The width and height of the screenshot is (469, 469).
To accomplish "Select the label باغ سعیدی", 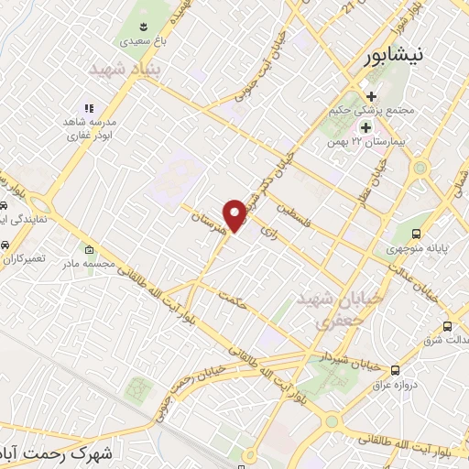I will click(x=147, y=41).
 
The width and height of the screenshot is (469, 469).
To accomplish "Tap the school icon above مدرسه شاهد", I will click(x=89, y=108).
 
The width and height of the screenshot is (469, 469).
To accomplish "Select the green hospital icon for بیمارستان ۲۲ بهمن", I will click(x=366, y=127).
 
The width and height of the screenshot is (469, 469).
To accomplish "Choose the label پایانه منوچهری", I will click(x=414, y=248).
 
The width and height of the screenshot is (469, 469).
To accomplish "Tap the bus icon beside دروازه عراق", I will click(x=395, y=370).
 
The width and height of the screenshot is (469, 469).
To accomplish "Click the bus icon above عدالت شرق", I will click(x=447, y=325).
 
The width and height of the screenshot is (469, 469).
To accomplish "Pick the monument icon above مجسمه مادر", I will click(x=88, y=250).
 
